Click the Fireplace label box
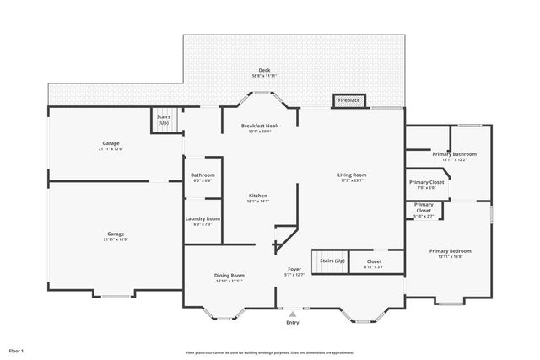pos(349,101)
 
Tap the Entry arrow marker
pos(293,314)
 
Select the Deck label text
pos(264,70)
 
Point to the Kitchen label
pos(257,196)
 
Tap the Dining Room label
pos(229,276)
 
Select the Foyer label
pos(293,269)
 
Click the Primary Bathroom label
pos(454,154)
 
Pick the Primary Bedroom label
pos(450,250)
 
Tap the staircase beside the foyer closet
pos(331,261)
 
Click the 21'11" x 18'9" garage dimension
pos(116,239)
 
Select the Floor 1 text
pos(17,350)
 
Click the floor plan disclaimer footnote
pos(270,352)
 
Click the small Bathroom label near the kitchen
pos(202,175)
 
